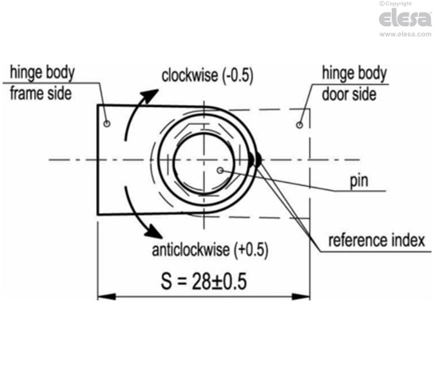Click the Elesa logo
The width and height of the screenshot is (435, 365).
(405, 18)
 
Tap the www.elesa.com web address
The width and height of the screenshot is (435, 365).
(405, 35)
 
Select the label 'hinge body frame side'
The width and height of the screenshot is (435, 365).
(40, 81)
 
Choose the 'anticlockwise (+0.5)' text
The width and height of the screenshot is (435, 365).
(209, 251)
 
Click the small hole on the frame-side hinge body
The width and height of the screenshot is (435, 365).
(106, 124)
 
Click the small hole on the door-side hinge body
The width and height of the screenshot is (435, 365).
(299, 125)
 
